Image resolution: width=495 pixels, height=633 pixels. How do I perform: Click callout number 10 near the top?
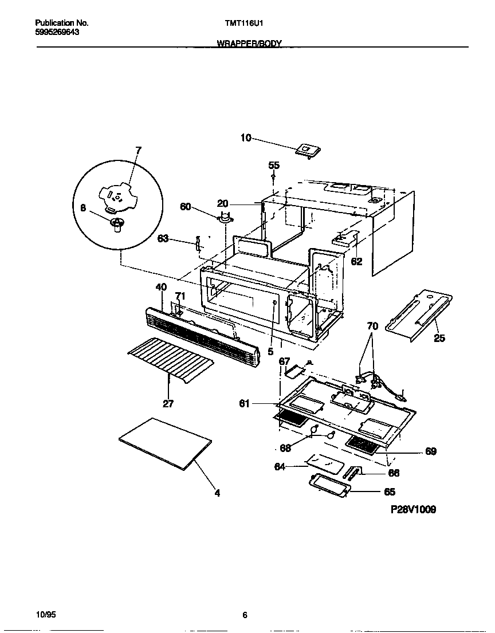tap(246, 137)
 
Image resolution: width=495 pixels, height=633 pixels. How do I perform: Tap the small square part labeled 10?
tap(308, 150)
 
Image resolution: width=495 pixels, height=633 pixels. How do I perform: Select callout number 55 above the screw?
tap(274, 165)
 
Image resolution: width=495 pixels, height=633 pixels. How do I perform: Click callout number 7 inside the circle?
tap(138, 150)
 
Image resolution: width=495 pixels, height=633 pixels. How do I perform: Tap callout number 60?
tap(186, 207)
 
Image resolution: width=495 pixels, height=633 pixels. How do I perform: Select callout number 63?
tap(163, 238)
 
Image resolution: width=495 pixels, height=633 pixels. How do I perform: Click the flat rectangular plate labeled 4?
tap(165, 444)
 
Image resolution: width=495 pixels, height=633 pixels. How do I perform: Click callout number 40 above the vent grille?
tap(160, 287)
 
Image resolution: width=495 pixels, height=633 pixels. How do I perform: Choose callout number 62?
tap(356, 261)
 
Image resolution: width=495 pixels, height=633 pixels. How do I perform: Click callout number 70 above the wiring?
tap(372, 326)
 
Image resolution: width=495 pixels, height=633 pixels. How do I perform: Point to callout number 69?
tap(431, 451)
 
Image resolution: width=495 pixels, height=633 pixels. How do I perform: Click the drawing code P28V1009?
tap(413, 509)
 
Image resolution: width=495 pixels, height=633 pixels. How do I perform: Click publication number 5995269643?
tap(57, 32)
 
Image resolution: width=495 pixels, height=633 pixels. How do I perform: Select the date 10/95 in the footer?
tap(45, 615)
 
